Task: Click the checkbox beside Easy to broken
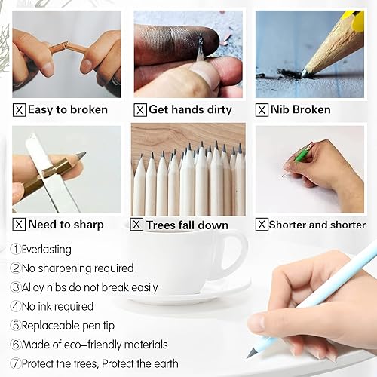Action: click(20, 110)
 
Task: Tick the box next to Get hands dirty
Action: click(140, 110)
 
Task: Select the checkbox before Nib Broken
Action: click(262, 110)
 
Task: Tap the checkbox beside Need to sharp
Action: click(20, 224)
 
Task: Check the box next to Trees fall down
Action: click(136, 224)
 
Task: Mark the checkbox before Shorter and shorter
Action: click(262, 224)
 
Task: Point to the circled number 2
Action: click(15, 268)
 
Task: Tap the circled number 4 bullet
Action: click(15, 306)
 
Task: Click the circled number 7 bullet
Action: click(15, 363)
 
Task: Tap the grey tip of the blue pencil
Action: click(252, 352)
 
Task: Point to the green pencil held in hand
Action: click(303, 153)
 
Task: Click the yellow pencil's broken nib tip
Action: click(303, 73)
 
